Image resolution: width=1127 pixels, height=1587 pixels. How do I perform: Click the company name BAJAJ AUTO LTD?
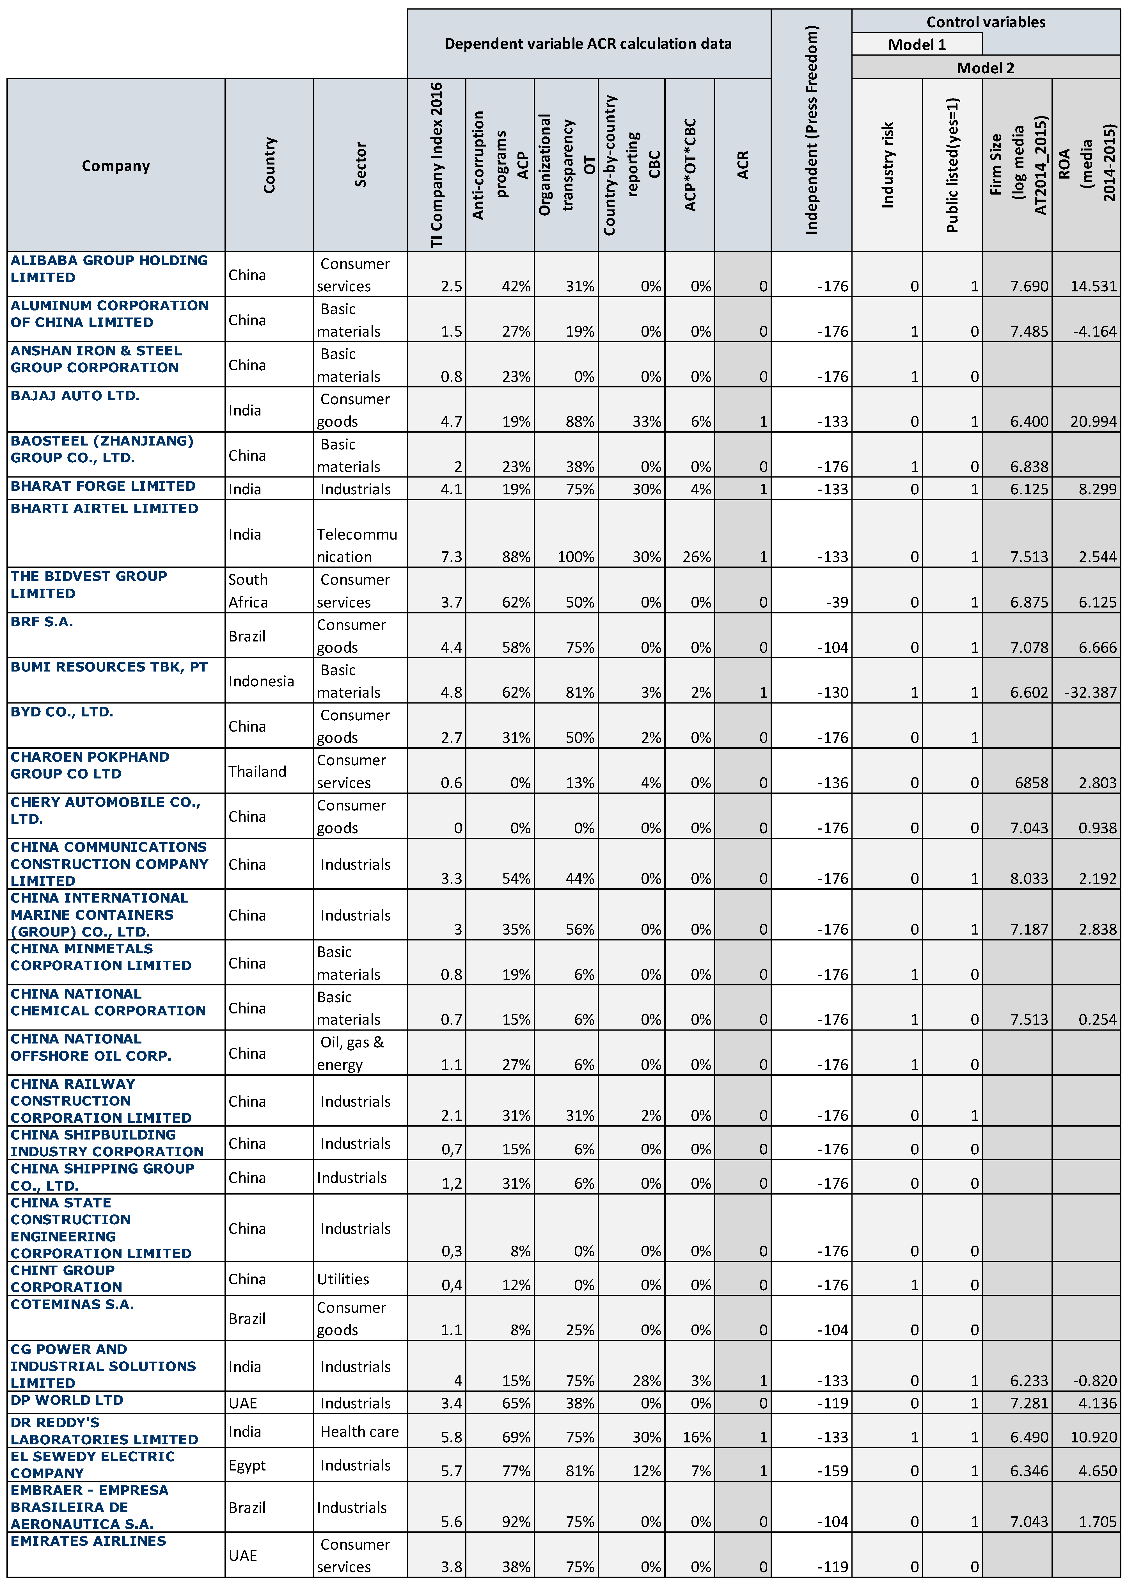pyautogui.click(x=75, y=396)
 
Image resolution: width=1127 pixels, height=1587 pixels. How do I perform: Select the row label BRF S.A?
pyautogui.click(x=42, y=622)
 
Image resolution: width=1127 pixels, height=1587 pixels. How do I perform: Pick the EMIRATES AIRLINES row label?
pyautogui.click(x=88, y=1541)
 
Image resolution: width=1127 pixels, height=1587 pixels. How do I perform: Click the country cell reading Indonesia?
pyautogui.click(x=261, y=681)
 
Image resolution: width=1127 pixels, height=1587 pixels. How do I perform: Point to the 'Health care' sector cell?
pyautogui.click(x=359, y=1431)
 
